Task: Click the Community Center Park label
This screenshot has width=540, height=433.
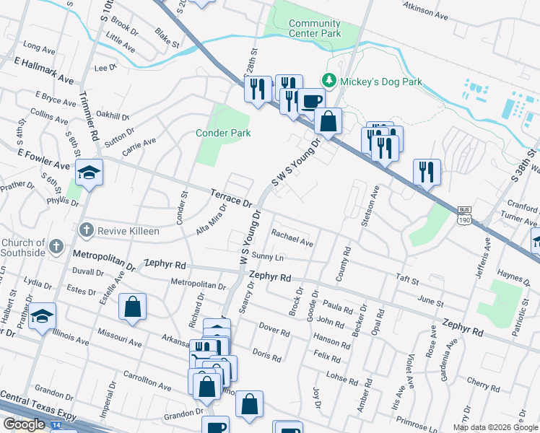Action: tap(314, 28)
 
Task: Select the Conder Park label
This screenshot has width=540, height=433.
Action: tap(223, 133)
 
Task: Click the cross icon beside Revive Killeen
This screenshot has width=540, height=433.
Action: tap(86, 229)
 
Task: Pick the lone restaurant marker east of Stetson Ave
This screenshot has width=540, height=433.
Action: tap(427, 172)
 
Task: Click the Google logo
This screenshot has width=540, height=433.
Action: tap(24, 424)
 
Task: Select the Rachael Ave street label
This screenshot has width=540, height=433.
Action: tap(292, 238)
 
